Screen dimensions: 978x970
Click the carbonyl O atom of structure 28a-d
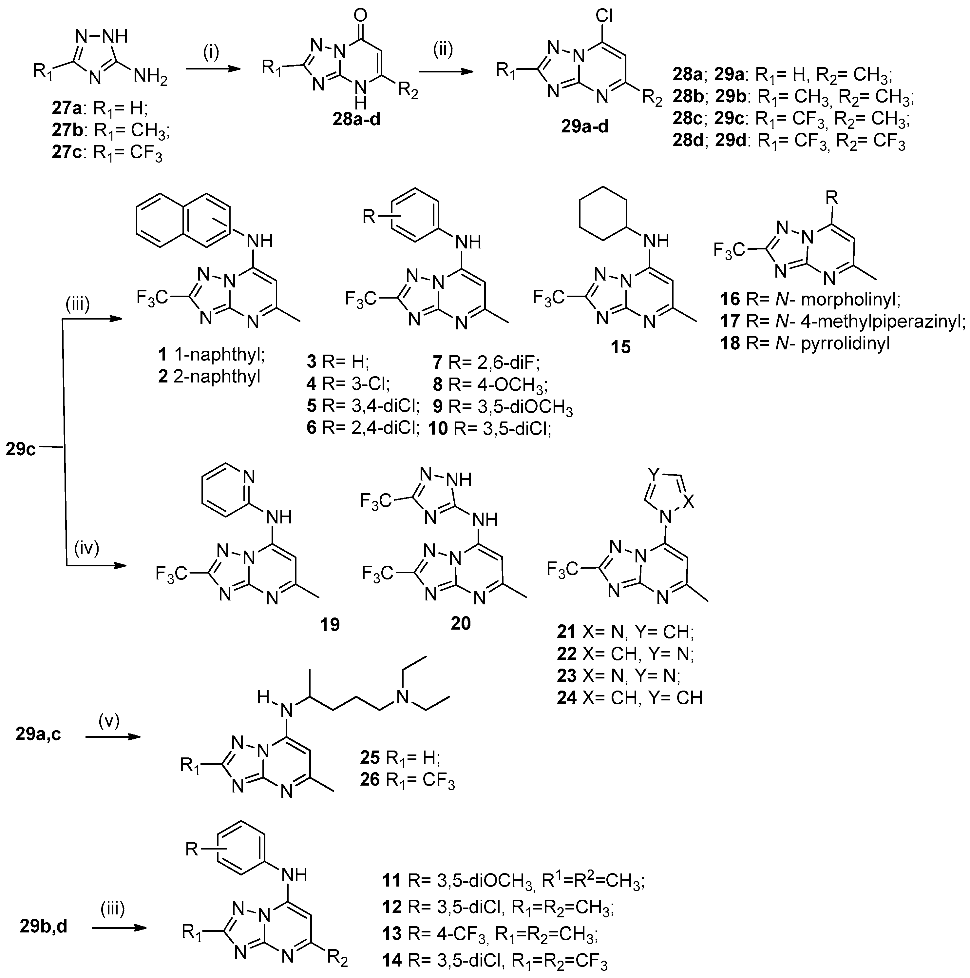click(x=361, y=14)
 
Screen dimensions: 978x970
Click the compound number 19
click(x=330, y=624)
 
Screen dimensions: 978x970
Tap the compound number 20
click(x=461, y=623)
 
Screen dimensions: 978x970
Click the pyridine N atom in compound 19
click(x=248, y=476)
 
